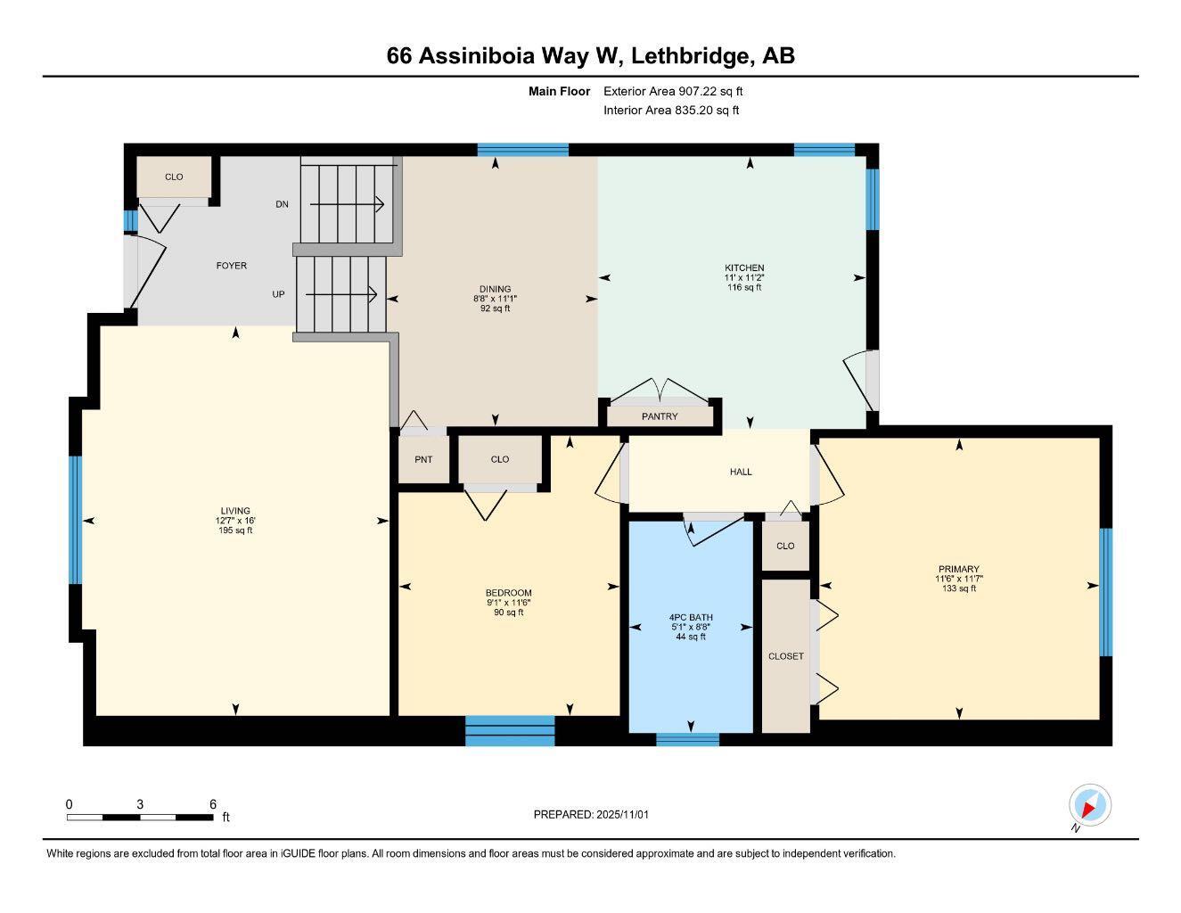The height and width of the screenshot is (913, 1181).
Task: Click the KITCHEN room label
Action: click(x=744, y=267)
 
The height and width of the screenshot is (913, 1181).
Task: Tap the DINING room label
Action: click(x=495, y=289)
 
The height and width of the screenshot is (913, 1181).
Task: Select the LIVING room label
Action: click(x=235, y=511)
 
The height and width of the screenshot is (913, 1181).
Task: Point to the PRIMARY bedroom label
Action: click(x=958, y=569)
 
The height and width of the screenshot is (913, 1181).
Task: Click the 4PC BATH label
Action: click(x=691, y=617)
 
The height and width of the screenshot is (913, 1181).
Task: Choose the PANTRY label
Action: click(x=660, y=416)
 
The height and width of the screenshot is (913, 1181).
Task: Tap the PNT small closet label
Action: click(x=423, y=459)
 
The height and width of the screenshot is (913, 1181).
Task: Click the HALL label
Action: click(x=741, y=472)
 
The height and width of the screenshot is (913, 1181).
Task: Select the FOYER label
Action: click(x=232, y=266)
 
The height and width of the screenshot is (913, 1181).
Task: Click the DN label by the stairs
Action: click(x=282, y=204)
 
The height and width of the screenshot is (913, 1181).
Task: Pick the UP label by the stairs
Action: click(x=279, y=293)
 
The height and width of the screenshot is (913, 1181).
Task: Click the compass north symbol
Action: click(x=1089, y=807)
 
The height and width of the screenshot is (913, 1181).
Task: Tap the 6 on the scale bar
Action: click(x=213, y=804)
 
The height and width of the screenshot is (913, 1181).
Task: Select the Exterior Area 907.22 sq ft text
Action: click(x=673, y=91)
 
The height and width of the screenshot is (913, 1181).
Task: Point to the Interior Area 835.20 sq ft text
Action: click(x=671, y=111)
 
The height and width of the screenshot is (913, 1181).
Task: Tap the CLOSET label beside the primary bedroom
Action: click(x=786, y=656)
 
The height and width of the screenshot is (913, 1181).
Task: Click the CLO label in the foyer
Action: click(x=174, y=177)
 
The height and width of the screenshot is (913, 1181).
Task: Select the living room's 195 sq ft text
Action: click(x=235, y=531)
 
